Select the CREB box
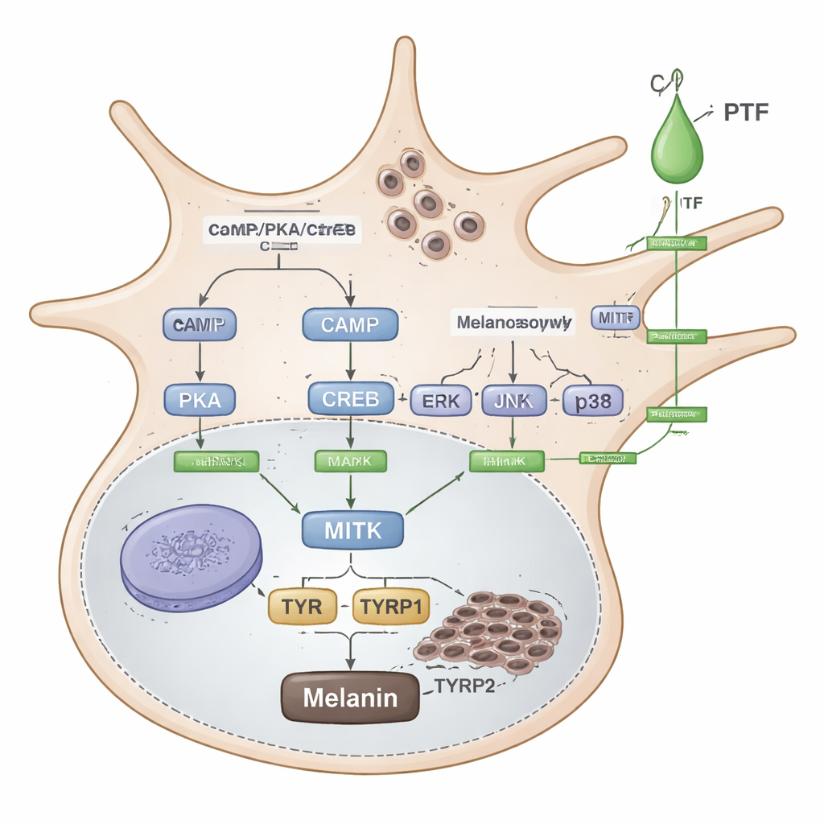350,399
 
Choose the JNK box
513,401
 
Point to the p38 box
591,401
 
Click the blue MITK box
352,529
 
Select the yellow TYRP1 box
391,606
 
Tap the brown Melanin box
350,696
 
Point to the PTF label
746,112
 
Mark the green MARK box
350,460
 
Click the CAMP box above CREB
350,325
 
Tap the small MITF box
615,318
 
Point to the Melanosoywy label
514,323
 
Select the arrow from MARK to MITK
350,490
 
